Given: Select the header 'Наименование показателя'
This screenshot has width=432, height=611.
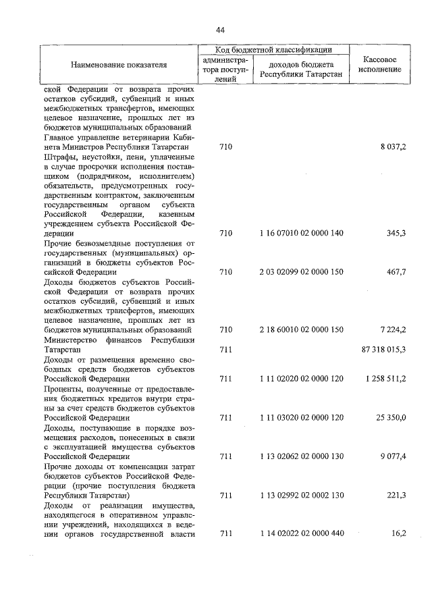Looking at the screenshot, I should (x=118, y=65).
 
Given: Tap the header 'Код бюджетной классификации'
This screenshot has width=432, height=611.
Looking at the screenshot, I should (x=273, y=50).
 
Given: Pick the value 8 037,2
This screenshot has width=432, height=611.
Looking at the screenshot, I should (x=393, y=147).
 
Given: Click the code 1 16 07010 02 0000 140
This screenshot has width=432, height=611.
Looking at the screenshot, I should (x=301, y=233).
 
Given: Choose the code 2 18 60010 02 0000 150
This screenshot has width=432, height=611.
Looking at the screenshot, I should (x=301, y=329).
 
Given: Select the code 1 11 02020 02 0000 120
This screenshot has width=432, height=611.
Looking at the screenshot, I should (x=301, y=379).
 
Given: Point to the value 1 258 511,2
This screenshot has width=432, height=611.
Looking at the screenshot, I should (x=385, y=379).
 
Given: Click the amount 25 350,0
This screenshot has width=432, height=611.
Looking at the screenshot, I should (x=391, y=418).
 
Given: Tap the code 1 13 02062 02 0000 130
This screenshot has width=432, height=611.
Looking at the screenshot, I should (x=301, y=456).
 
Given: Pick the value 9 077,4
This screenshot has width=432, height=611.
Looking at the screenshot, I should (x=393, y=456).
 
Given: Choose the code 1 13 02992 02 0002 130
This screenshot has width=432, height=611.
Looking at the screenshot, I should (x=301, y=496).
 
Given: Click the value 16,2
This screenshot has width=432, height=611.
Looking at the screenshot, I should (x=398, y=534).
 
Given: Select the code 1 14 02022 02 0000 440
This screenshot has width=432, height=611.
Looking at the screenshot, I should (x=301, y=534).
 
